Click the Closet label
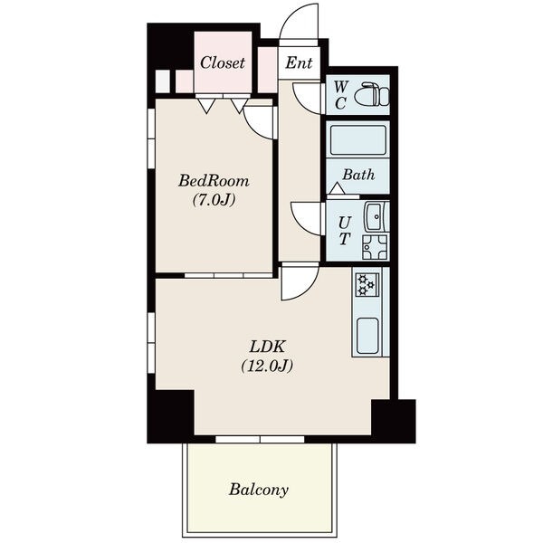[223, 62]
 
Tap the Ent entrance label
[299, 62]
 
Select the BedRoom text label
[214, 181]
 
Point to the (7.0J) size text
[214, 199]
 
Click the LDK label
[267, 347]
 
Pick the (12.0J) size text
[267, 366]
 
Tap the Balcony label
[258, 490]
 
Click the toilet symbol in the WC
[375, 94]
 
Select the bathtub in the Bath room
[358, 140]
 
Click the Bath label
[358, 175]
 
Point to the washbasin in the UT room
[376, 216]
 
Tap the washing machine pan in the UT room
[375, 247]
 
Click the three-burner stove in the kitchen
[367, 284]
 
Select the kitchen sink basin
[367, 336]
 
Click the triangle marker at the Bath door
[337, 188]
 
